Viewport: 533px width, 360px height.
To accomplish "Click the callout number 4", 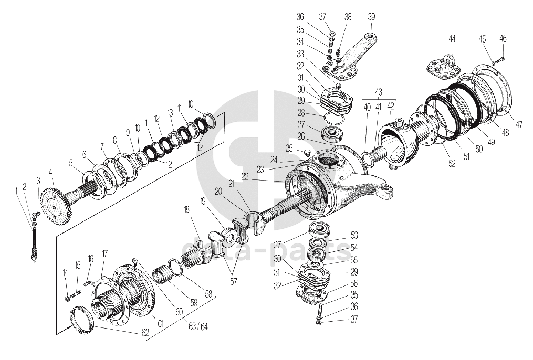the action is (50, 172).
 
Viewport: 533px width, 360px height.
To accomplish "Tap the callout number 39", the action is (371, 16).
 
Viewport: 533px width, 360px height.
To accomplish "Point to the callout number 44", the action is (452, 39).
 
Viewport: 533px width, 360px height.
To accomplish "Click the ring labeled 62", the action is (81, 320).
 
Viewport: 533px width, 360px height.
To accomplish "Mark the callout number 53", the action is (354, 235).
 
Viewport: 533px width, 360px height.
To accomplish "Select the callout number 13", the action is (170, 112).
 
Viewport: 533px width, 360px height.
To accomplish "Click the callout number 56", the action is (354, 283).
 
